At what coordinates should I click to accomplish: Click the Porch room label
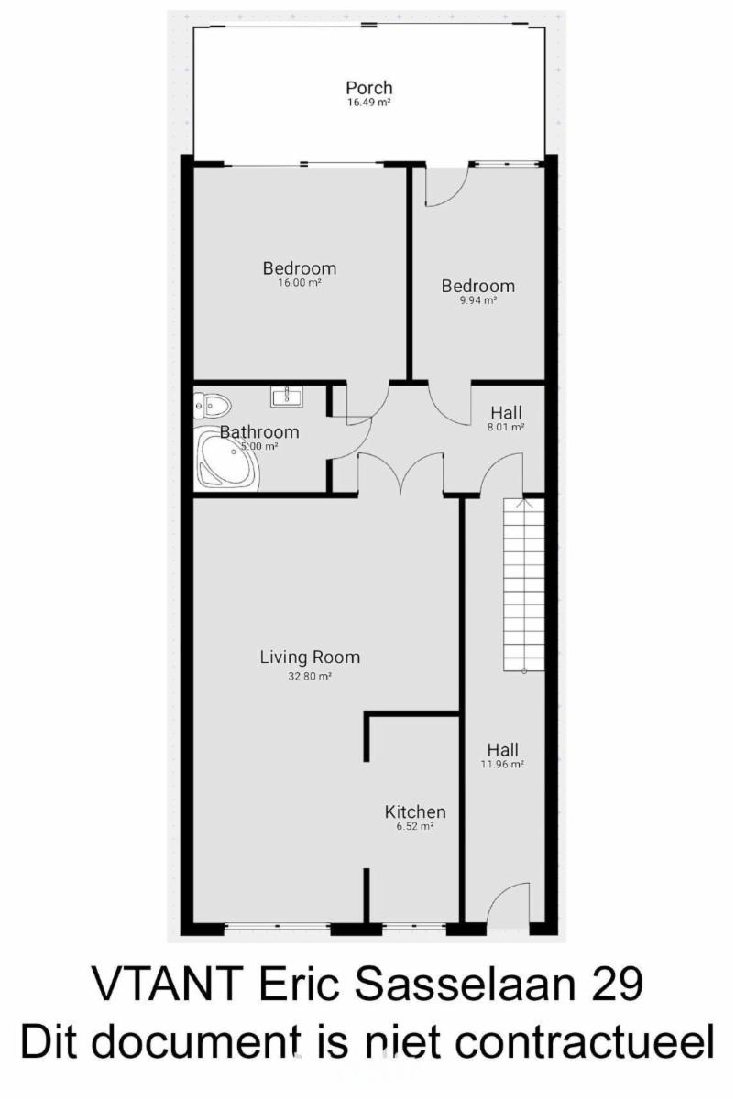pos(369,88)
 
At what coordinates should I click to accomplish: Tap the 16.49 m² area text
pos(368,103)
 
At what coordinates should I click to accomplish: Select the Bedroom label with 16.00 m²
pos(300,268)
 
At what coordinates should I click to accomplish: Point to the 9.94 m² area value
pos(477,300)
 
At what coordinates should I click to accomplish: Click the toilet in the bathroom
pos(212,406)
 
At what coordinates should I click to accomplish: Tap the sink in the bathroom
pos(286,396)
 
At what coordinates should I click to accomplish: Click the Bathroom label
pos(259,431)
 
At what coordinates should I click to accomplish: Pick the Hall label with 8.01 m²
pos(506,413)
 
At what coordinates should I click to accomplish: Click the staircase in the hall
pos(524,584)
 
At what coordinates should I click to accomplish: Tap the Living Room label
pos(310,657)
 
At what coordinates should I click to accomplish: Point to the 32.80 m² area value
pos(310,677)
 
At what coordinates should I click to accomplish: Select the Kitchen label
pos(415,812)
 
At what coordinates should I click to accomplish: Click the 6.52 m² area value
pos(415,826)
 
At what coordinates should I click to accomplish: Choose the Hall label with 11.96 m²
pos(503,750)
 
